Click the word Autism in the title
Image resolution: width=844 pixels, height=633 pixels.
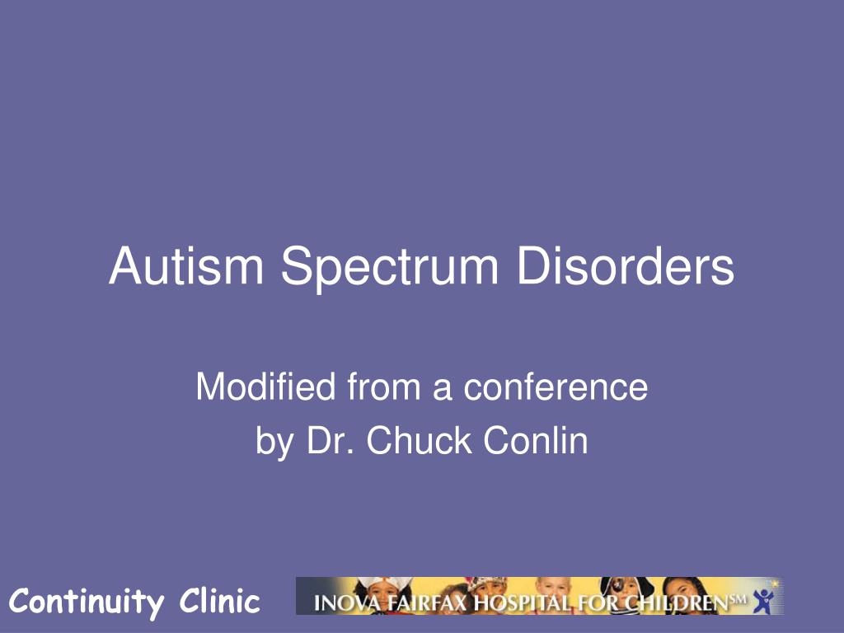click(x=186, y=265)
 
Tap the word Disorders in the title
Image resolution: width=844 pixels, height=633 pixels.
click(x=626, y=265)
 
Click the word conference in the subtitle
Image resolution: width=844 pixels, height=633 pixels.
click(x=556, y=387)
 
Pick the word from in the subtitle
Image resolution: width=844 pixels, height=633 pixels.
click(x=383, y=387)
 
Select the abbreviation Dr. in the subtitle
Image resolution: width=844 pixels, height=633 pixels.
click(x=331, y=440)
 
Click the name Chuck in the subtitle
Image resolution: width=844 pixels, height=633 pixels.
click(x=419, y=440)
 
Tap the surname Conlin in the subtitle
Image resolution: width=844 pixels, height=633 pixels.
click(x=535, y=440)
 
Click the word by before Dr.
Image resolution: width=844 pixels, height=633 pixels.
click(x=274, y=443)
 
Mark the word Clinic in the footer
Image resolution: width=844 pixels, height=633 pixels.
click(x=219, y=600)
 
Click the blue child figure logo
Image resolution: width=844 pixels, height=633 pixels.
click(x=764, y=601)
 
